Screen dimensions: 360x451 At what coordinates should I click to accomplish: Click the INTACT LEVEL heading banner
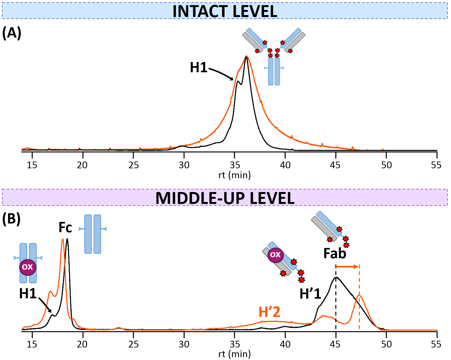[x=225, y=11]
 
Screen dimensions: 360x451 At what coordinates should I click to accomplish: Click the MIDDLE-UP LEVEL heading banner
[x=225, y=198]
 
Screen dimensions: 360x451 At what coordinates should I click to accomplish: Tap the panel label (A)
[x=12, y=33]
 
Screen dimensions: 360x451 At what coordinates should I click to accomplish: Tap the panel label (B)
[x=12, y=219]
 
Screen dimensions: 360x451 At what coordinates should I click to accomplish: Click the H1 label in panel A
[x=199, y=68]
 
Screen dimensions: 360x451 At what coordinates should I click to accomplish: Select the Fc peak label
[x=65, y=228]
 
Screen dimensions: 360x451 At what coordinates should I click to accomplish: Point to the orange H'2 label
[x=269, y=312]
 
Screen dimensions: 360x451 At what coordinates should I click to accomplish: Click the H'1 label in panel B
[x=310, y=294]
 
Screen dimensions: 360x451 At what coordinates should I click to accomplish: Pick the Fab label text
[x=335, y=254]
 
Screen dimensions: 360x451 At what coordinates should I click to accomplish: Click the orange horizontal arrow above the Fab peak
[x=347, y=267]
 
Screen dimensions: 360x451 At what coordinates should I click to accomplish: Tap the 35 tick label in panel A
[x=235, y=165]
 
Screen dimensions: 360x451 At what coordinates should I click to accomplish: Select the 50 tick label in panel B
[x=386, y=344]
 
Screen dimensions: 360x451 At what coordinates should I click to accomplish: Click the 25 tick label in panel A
[x=134, y=165]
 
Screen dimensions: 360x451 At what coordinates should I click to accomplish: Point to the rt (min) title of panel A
[x=234, y=175]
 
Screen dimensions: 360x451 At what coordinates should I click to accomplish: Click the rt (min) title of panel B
[x=234, y=354]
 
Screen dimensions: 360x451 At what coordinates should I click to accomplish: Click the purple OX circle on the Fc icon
[x=28, y=267]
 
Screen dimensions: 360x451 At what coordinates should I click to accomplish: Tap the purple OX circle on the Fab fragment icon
[x=275, y=255]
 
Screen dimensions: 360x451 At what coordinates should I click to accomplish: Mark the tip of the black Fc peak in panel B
[x=67, y=239]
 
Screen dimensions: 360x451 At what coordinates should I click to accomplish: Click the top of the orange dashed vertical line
[x=359, y=265]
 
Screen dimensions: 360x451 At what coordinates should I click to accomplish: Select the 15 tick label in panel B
[x=32, y=344]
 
